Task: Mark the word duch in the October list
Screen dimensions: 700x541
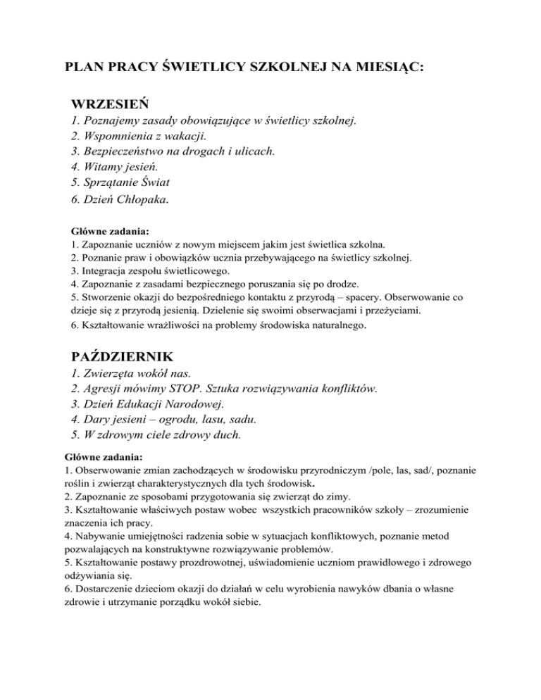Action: [227, 435]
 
